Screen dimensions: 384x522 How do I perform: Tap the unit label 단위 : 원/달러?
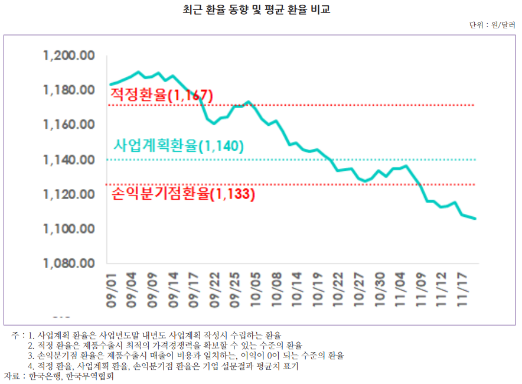492,25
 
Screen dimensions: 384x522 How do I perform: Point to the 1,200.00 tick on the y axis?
69,56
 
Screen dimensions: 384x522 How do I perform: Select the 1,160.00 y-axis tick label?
69,125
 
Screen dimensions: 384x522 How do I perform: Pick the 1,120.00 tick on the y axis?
69,194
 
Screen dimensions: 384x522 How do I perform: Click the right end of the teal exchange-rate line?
476,219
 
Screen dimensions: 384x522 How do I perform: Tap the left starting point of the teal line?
110,84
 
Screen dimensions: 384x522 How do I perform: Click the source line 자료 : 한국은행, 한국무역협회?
59,376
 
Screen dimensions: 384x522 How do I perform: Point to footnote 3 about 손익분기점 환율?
185,356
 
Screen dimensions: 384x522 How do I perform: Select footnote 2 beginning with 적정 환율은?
165,345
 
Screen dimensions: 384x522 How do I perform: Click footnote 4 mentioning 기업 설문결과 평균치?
163,366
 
